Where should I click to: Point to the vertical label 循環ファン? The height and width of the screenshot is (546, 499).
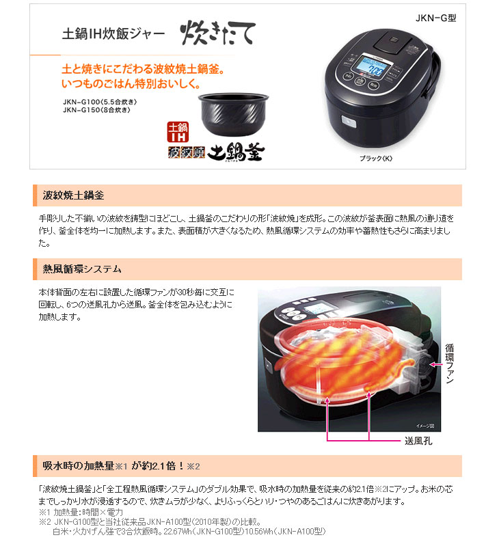coord(449,365)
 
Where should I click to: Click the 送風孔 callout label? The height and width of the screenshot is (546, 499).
coord(416,441)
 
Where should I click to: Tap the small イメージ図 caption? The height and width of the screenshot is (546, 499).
coord(422,425)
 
